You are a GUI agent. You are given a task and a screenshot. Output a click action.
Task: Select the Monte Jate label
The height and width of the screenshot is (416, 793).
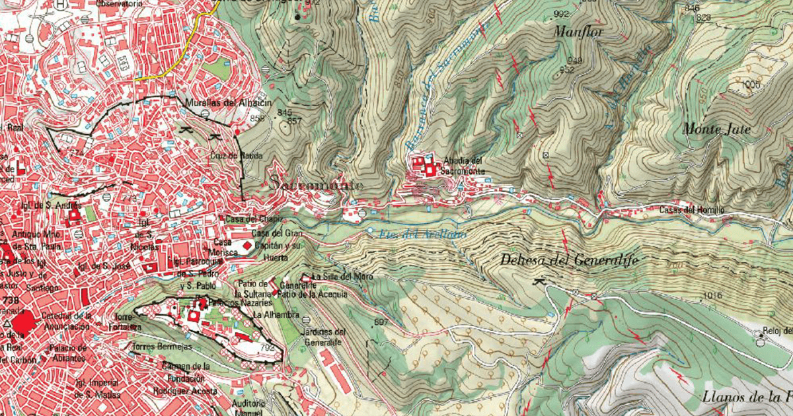coord(717,129)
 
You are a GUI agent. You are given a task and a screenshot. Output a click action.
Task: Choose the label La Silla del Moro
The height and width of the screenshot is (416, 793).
coord(338,276)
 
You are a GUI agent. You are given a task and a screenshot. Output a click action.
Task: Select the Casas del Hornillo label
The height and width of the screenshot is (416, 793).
coord(693,210)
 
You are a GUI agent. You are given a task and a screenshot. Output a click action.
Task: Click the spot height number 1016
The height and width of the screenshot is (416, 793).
coord(712,295)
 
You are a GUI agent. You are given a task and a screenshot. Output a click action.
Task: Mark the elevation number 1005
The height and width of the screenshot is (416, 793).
coord(751,85)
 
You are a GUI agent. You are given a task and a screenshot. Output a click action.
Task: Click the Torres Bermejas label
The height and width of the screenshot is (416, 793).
coord(162,347)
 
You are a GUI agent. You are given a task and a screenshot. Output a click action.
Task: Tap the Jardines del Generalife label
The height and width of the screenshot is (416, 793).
coord(324,337)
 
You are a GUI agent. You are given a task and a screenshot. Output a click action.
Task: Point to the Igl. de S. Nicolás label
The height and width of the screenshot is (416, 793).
coord(147,240)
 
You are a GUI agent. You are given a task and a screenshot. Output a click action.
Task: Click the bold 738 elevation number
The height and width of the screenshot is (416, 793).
coord(11,300)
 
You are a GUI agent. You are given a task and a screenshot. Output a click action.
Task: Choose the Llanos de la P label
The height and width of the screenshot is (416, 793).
coord(747,397)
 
